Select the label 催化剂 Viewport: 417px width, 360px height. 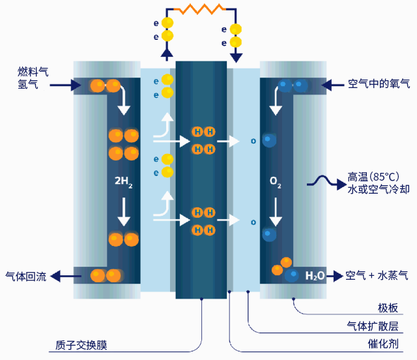tap(383, 344)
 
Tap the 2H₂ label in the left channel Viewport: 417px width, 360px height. tap(123, 182)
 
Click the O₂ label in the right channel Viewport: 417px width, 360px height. tap(276, 182)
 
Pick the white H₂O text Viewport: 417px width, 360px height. tap(315, 276)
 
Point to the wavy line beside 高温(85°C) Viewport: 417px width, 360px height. tap(326, 181)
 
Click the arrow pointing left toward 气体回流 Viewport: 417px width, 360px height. tap(64, 276)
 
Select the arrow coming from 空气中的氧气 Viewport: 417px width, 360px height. tap(335, 84)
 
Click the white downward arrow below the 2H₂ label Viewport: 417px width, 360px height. tap(123, 210)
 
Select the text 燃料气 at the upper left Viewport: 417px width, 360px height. tap(30, 70)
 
